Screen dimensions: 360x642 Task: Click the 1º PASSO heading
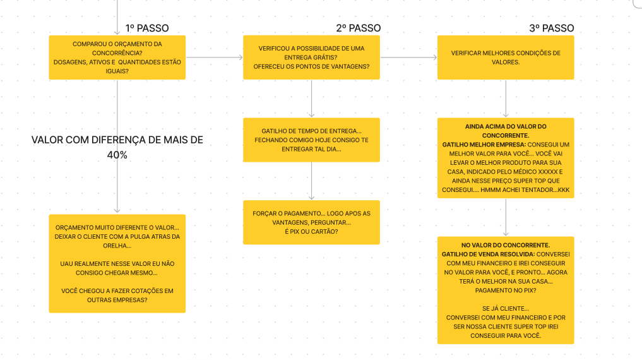tap(146, 28)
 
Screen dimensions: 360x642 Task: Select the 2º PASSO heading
tap(358, 28)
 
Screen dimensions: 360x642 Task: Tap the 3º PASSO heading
tap(551, 28)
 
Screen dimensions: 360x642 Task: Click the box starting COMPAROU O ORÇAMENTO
tap(117, 57)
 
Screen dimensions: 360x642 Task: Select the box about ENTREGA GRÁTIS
tap(311, 57)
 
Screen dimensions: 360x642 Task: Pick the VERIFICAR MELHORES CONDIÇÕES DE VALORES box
tap(506, 57)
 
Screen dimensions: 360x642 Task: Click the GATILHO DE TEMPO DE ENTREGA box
tap(311, 140)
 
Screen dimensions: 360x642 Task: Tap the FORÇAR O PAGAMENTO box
tap(311, 222)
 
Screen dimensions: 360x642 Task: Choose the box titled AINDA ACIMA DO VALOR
tap(506, 158)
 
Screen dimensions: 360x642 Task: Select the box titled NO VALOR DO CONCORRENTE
tap(506, 290)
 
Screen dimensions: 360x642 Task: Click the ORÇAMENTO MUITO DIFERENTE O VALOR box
tap(117, 263)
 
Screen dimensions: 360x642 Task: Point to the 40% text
tap(117, 155)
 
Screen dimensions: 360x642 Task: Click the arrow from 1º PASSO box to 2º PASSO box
tap(214, 57)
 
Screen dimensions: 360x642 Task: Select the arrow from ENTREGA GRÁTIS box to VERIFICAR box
tap(408, 57)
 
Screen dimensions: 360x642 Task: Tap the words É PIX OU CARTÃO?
tap(311, 232)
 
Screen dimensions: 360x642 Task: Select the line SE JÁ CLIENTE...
tap(505, 308)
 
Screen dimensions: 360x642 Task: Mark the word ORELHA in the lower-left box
tap(117, 246)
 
